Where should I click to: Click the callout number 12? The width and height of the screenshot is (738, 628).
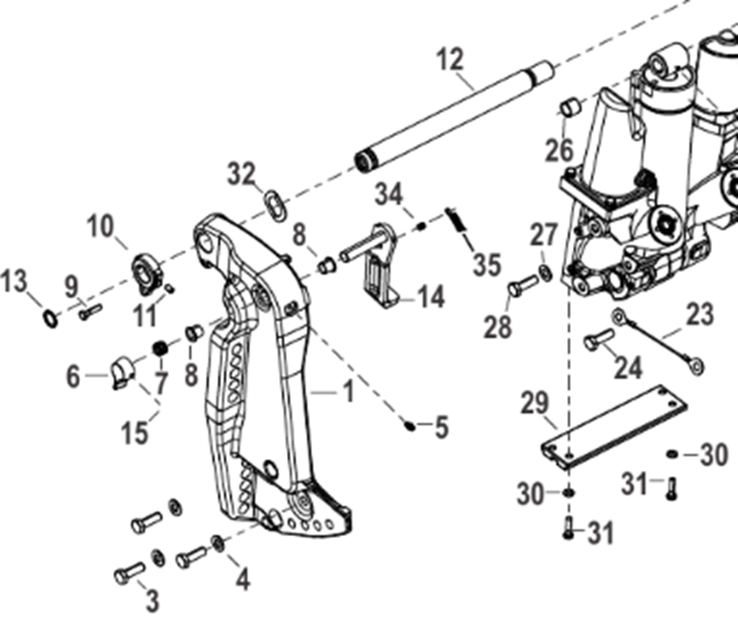point(449,60)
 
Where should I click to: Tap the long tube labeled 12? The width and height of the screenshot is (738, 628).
point(454,114)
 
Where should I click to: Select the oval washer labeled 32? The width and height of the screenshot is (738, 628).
point(275,204)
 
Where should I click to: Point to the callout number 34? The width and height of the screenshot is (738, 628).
point(388,193)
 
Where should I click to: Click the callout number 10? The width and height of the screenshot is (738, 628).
point(100,228)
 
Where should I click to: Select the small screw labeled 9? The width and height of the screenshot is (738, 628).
point(89,311)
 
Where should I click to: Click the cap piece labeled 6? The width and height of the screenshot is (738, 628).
point(123,370)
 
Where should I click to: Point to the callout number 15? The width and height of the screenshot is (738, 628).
point(136,432)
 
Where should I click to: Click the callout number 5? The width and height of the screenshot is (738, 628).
point(441,426)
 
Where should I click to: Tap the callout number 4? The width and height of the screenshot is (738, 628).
point(242,580)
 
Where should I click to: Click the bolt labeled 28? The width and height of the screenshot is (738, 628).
point(522,286)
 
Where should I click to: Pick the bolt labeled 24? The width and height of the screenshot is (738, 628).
point(599,340)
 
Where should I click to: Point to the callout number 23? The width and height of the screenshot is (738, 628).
point(698,314)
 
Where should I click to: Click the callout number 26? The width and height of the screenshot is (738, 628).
point(558,150)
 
